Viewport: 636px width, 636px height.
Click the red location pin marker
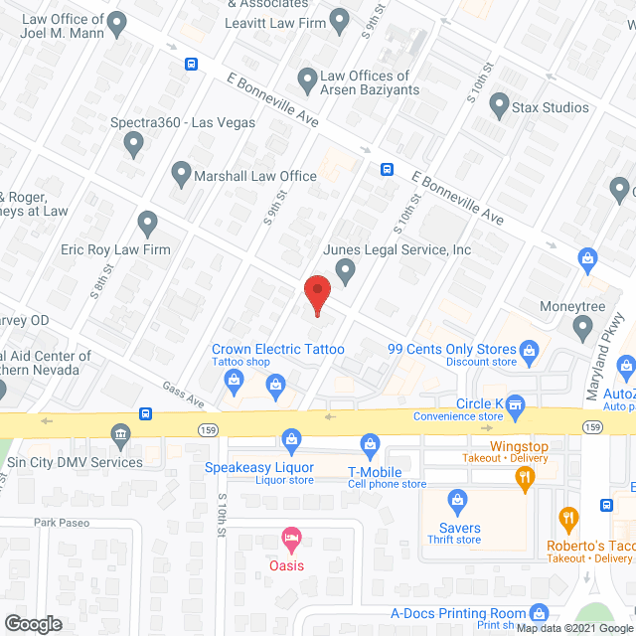point(316,294)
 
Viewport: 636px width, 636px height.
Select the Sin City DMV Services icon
point(120,434)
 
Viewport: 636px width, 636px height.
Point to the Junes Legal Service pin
point(345,270)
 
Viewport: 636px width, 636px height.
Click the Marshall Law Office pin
point(181,176)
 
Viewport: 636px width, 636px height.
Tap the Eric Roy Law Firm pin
point(148,224)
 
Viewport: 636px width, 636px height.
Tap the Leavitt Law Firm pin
point(339,19)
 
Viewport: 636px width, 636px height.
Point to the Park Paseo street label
point(62,523)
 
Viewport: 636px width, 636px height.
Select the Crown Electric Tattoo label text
point(277,349)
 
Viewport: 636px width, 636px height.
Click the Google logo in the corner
point(33,623)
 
